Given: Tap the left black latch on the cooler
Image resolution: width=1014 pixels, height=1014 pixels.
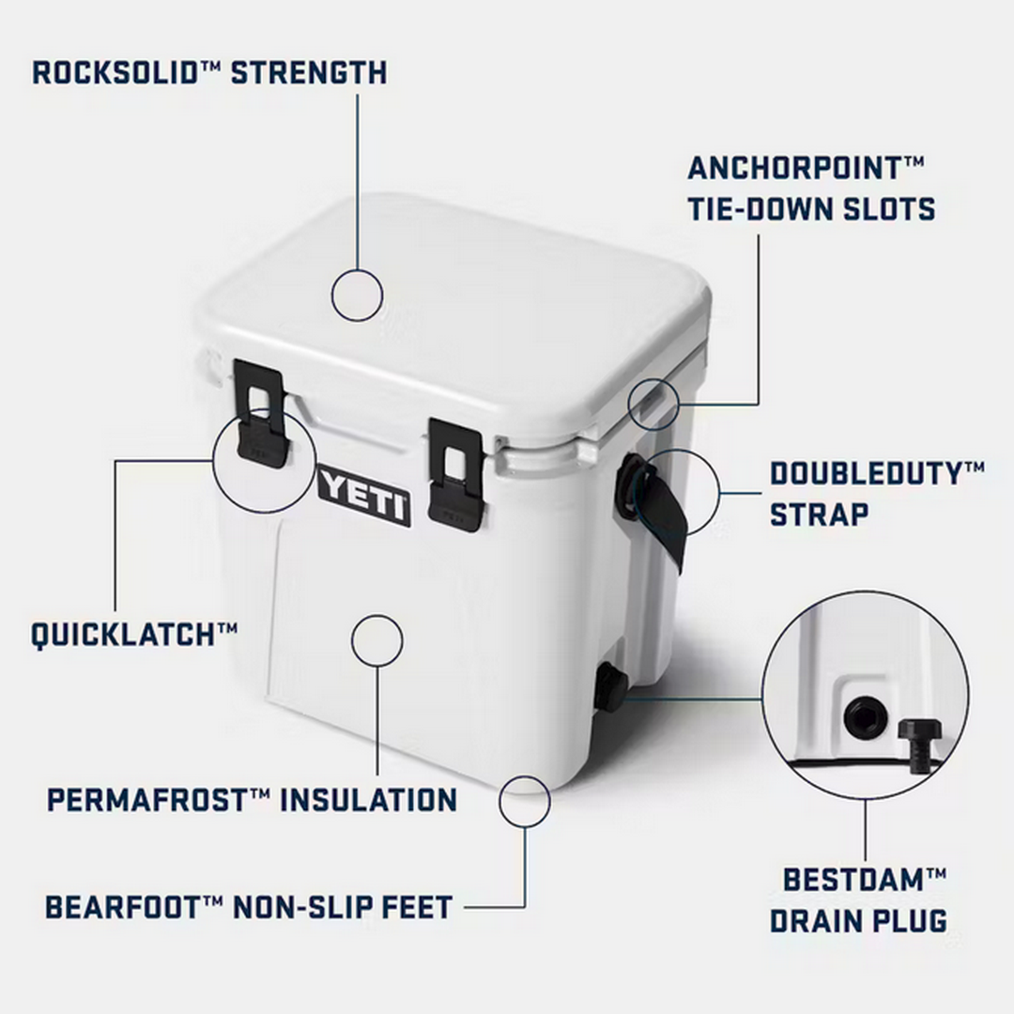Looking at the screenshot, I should point(259,413).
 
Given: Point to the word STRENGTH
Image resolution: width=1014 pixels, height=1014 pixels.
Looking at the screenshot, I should point(309,72).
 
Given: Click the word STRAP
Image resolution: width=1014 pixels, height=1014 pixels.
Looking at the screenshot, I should point(819,514).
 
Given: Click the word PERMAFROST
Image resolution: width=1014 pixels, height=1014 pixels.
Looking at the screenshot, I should point(146,800).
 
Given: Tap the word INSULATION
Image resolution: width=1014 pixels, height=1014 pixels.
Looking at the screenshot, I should point(369,800).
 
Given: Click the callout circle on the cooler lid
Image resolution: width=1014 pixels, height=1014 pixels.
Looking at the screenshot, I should point(358,295).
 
